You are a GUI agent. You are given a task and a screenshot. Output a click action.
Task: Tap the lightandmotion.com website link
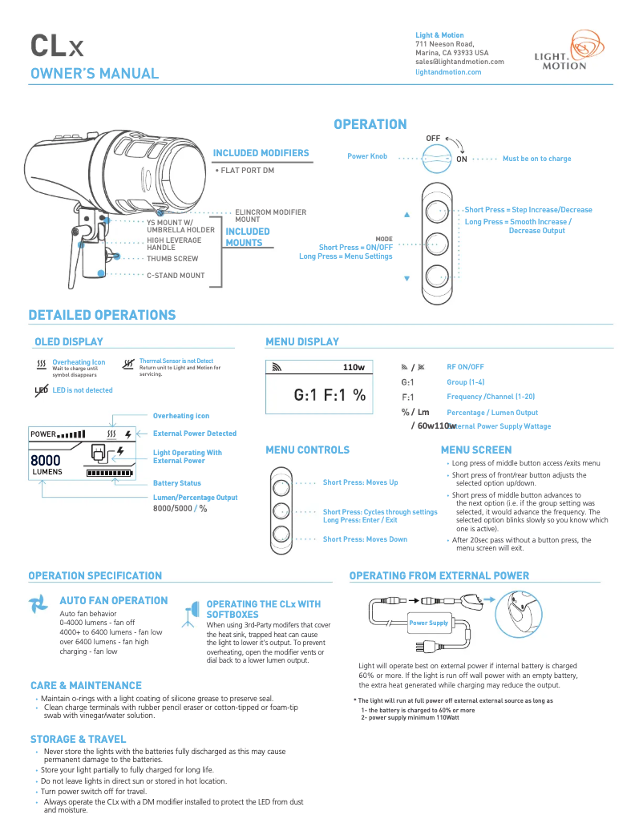click(x=448, y=72)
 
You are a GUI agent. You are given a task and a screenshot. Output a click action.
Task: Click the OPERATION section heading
click(x=370, y=124)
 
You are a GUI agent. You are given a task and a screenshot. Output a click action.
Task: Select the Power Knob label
click(x=367, y=156)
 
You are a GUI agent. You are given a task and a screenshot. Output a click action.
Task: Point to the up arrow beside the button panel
click(x=406, y=215)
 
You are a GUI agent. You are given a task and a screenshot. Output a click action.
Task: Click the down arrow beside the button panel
click(x=406, y=279)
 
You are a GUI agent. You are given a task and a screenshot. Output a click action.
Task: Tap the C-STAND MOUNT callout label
click(x=175, y=275)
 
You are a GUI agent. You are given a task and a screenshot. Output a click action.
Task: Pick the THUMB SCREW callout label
click(x=172, y=259)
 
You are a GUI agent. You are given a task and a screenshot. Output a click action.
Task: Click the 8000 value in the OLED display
click(x=46, y=461)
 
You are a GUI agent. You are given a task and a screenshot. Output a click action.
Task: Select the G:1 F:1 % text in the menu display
click(x=330, y=394)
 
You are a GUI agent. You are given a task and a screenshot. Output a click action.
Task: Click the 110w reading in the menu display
click(x=354, y=367)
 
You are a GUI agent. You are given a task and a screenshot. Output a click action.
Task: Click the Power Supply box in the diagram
click(x=428, y=623)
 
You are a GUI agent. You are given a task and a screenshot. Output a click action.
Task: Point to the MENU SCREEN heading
click(x=475, y=450)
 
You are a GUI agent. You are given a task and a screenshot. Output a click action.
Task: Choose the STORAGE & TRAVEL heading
click(x=78, y=739)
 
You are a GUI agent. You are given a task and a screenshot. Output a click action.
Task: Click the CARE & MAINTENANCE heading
click(x=86, y=685)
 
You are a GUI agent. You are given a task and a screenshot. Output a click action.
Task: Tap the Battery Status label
click(x=177, y=483)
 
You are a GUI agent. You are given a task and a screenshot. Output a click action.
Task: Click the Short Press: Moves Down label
click(x=365, y=539)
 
